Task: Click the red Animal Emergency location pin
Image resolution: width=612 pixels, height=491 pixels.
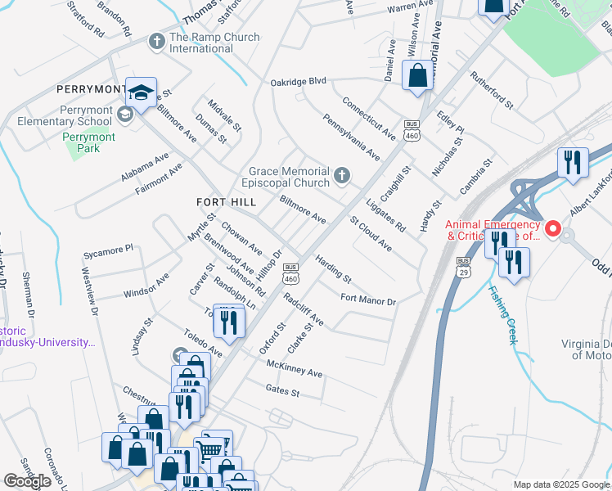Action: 553,230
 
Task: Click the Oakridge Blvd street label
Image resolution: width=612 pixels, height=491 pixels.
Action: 299,82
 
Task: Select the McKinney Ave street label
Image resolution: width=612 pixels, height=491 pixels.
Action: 295,369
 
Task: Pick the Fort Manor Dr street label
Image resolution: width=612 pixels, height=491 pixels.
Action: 368,300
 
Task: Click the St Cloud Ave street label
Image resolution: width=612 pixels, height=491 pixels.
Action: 371,234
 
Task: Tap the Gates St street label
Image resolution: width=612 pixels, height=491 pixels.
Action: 283,392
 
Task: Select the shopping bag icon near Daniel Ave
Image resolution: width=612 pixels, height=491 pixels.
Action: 417,75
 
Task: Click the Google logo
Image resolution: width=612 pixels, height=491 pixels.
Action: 28,481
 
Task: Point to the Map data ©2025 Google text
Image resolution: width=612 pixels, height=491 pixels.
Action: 560,484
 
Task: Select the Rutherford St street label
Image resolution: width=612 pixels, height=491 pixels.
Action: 491,90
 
